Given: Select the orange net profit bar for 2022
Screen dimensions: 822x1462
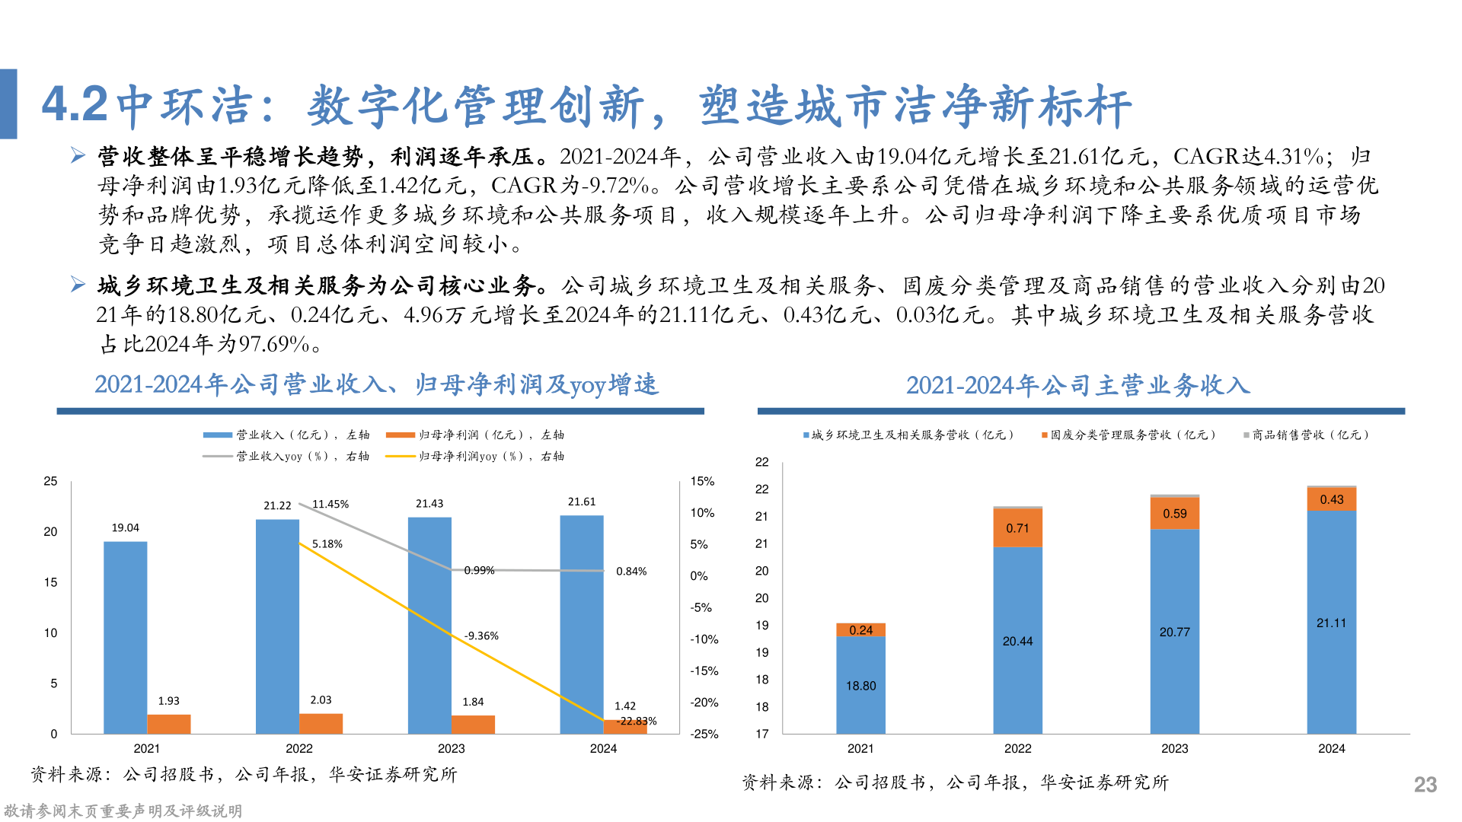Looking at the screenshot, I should [321, 723].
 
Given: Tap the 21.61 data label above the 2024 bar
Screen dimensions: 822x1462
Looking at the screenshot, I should [582, 502].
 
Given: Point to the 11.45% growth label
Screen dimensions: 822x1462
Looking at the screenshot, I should [330, 505].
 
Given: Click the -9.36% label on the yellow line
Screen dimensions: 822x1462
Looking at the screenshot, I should [481, 636].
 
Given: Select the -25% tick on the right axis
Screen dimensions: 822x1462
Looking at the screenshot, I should [704, 734].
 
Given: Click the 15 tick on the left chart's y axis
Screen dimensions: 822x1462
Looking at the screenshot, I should [50, 582].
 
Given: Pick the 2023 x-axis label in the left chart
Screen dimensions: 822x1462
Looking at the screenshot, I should [451, 748].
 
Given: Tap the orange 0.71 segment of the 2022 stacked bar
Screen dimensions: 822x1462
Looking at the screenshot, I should [1017, 528].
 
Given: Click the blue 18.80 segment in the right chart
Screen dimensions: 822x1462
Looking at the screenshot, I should [860, 685].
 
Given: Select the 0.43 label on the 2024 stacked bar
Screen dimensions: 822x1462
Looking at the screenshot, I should [1332, 499].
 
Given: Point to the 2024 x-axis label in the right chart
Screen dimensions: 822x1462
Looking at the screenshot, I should [1331, 748].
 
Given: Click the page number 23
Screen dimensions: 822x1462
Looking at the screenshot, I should [1425, 785].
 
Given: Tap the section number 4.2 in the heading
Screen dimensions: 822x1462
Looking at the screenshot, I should [75, 104].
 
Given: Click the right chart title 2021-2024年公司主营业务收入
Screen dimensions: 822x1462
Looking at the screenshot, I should [1077, 385].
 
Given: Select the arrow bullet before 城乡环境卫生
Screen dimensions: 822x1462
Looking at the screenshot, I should [78, 285].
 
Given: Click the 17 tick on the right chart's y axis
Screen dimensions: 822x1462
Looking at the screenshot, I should [761, 734].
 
